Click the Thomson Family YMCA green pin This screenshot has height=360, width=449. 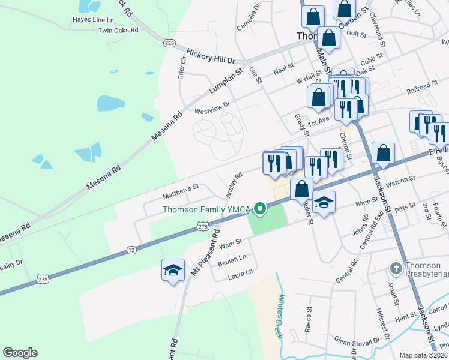tap(260, 209)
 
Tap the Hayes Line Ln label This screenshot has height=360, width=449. tap(92, 19)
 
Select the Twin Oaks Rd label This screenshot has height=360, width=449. tap(118, 30)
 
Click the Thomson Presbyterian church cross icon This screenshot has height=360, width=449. tap(396, 268)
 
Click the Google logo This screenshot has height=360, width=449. tap(20, 353)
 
